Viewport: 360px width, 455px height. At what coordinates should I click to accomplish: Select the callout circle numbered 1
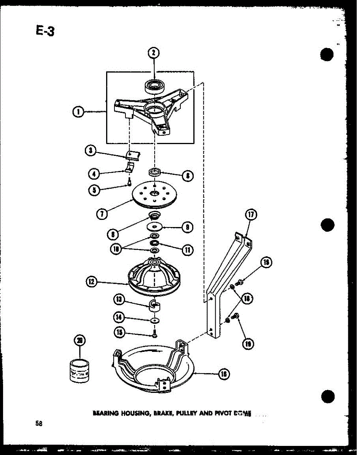tap(78, 111)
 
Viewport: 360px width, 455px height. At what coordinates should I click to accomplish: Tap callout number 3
tap(90, 151)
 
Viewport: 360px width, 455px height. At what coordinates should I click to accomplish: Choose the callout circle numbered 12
tap(91, 282)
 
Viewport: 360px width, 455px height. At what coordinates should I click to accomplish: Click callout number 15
tap(120, 333)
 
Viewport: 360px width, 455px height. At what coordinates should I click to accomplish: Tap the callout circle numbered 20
tap(80, 341)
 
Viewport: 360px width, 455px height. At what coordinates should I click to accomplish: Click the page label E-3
tap(45, 30)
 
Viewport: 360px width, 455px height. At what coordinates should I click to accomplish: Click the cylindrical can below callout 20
tap(80, 372)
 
